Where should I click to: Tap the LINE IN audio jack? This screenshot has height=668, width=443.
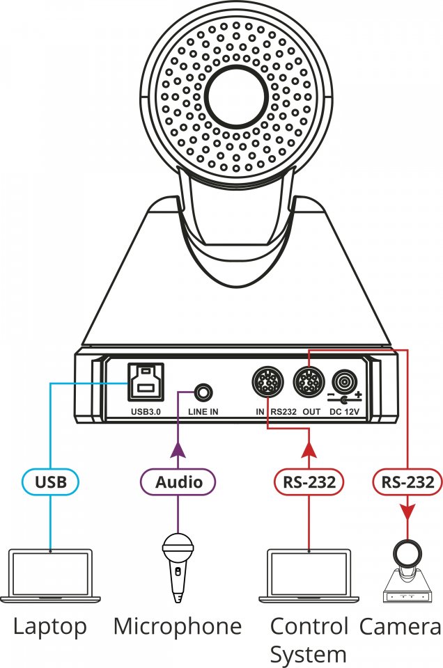tap(203, 392)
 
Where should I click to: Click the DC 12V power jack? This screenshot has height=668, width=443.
tap(344, 382)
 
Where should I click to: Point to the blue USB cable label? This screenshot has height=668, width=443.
tap(51, 482)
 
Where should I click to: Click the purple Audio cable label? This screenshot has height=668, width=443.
tap(178, 482)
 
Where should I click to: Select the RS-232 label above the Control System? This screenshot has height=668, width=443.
tap(309, 482)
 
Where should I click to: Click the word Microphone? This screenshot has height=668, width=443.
tap(178, 626)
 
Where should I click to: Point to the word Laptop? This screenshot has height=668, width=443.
tap(50, 627)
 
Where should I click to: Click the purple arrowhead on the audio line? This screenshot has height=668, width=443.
tap(178, 451)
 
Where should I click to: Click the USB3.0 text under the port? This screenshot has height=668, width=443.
tap(146, 411)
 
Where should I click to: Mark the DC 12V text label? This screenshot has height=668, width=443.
tap(344, 411)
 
